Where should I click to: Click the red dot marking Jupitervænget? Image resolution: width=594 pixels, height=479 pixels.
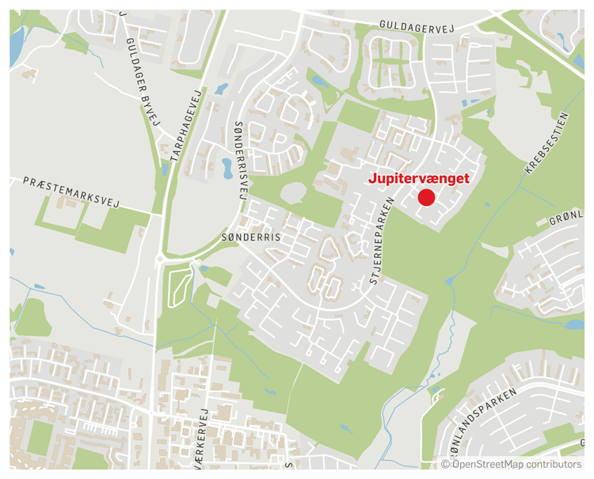426,197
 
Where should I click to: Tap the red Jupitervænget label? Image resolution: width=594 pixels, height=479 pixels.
419,179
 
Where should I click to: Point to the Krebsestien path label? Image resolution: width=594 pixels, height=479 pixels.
546,143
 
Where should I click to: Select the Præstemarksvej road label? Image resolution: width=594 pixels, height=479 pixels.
70,192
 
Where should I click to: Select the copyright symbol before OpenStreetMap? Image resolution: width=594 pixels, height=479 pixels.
445,464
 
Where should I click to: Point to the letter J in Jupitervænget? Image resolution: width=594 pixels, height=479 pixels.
373,179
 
